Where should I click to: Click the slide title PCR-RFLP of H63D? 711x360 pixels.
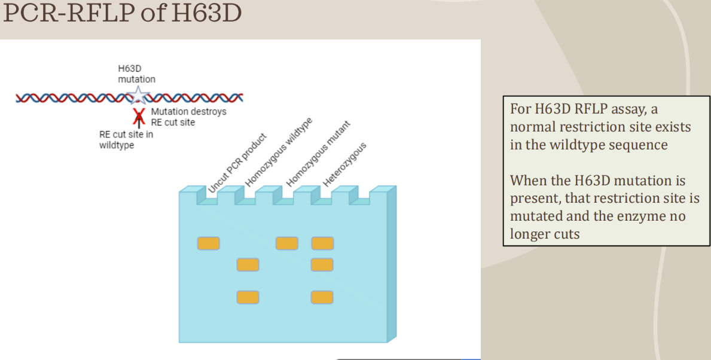click(122, 14)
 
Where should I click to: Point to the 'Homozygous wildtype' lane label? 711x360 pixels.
click(279, 154)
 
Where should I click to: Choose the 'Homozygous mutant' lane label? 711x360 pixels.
click(318, 154)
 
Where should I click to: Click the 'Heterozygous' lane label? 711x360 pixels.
click(344, 164)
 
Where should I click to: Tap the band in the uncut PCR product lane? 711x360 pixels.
click(208, 243)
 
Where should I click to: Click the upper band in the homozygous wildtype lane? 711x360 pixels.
click(248, 264)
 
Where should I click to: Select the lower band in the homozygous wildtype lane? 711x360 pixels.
click(248, 297)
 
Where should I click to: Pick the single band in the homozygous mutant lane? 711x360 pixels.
click(286, 243)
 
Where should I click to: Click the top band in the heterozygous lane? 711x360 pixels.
click(322, 243)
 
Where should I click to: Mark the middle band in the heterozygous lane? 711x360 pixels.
click(322, 264)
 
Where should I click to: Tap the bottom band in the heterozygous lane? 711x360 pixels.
click(322, 297)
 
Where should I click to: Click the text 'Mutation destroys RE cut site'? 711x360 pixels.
click(188, 117)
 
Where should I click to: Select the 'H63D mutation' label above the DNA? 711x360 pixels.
click(136, 74)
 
